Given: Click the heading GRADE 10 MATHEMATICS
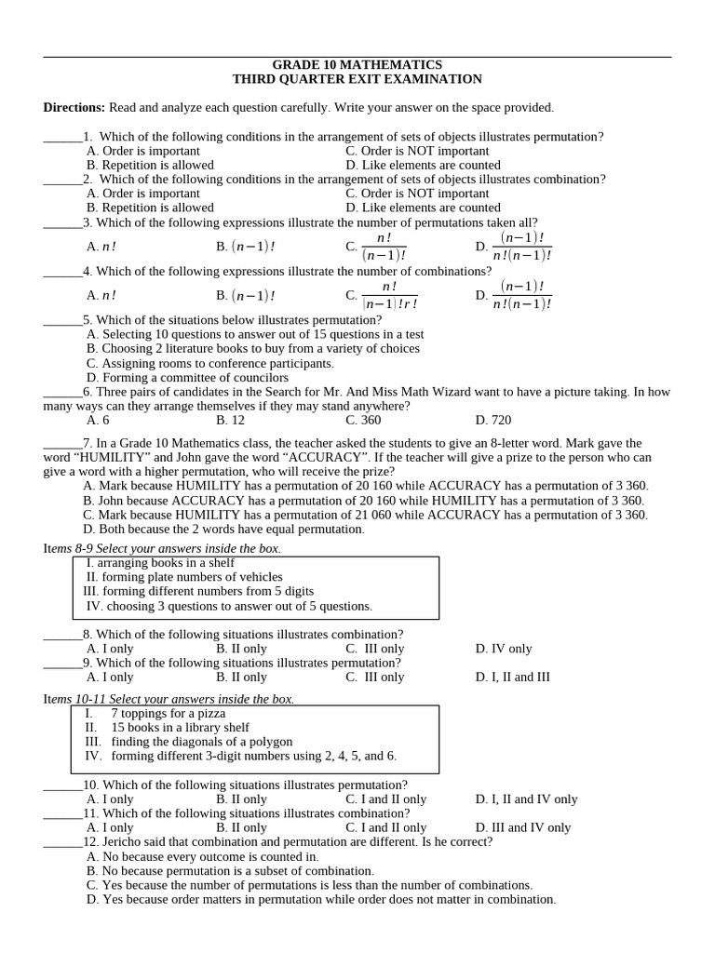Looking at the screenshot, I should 357,65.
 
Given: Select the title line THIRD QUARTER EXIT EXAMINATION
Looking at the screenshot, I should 357,80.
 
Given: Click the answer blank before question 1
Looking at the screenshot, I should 62,138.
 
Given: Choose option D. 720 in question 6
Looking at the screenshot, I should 492,421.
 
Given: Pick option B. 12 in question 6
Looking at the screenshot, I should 230,421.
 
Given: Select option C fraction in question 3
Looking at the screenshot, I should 376,247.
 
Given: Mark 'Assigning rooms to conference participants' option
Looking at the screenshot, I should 209,364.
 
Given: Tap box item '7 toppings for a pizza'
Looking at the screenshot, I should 168,714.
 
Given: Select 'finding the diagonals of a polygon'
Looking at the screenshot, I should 201,742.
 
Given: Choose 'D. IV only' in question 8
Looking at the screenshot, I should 504,650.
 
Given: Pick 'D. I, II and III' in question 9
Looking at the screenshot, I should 512,678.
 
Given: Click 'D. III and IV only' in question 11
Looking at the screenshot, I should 523,828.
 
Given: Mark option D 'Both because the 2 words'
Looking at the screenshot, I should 223,530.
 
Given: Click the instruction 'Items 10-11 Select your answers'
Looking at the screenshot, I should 169,699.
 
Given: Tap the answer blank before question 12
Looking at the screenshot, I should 62,843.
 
